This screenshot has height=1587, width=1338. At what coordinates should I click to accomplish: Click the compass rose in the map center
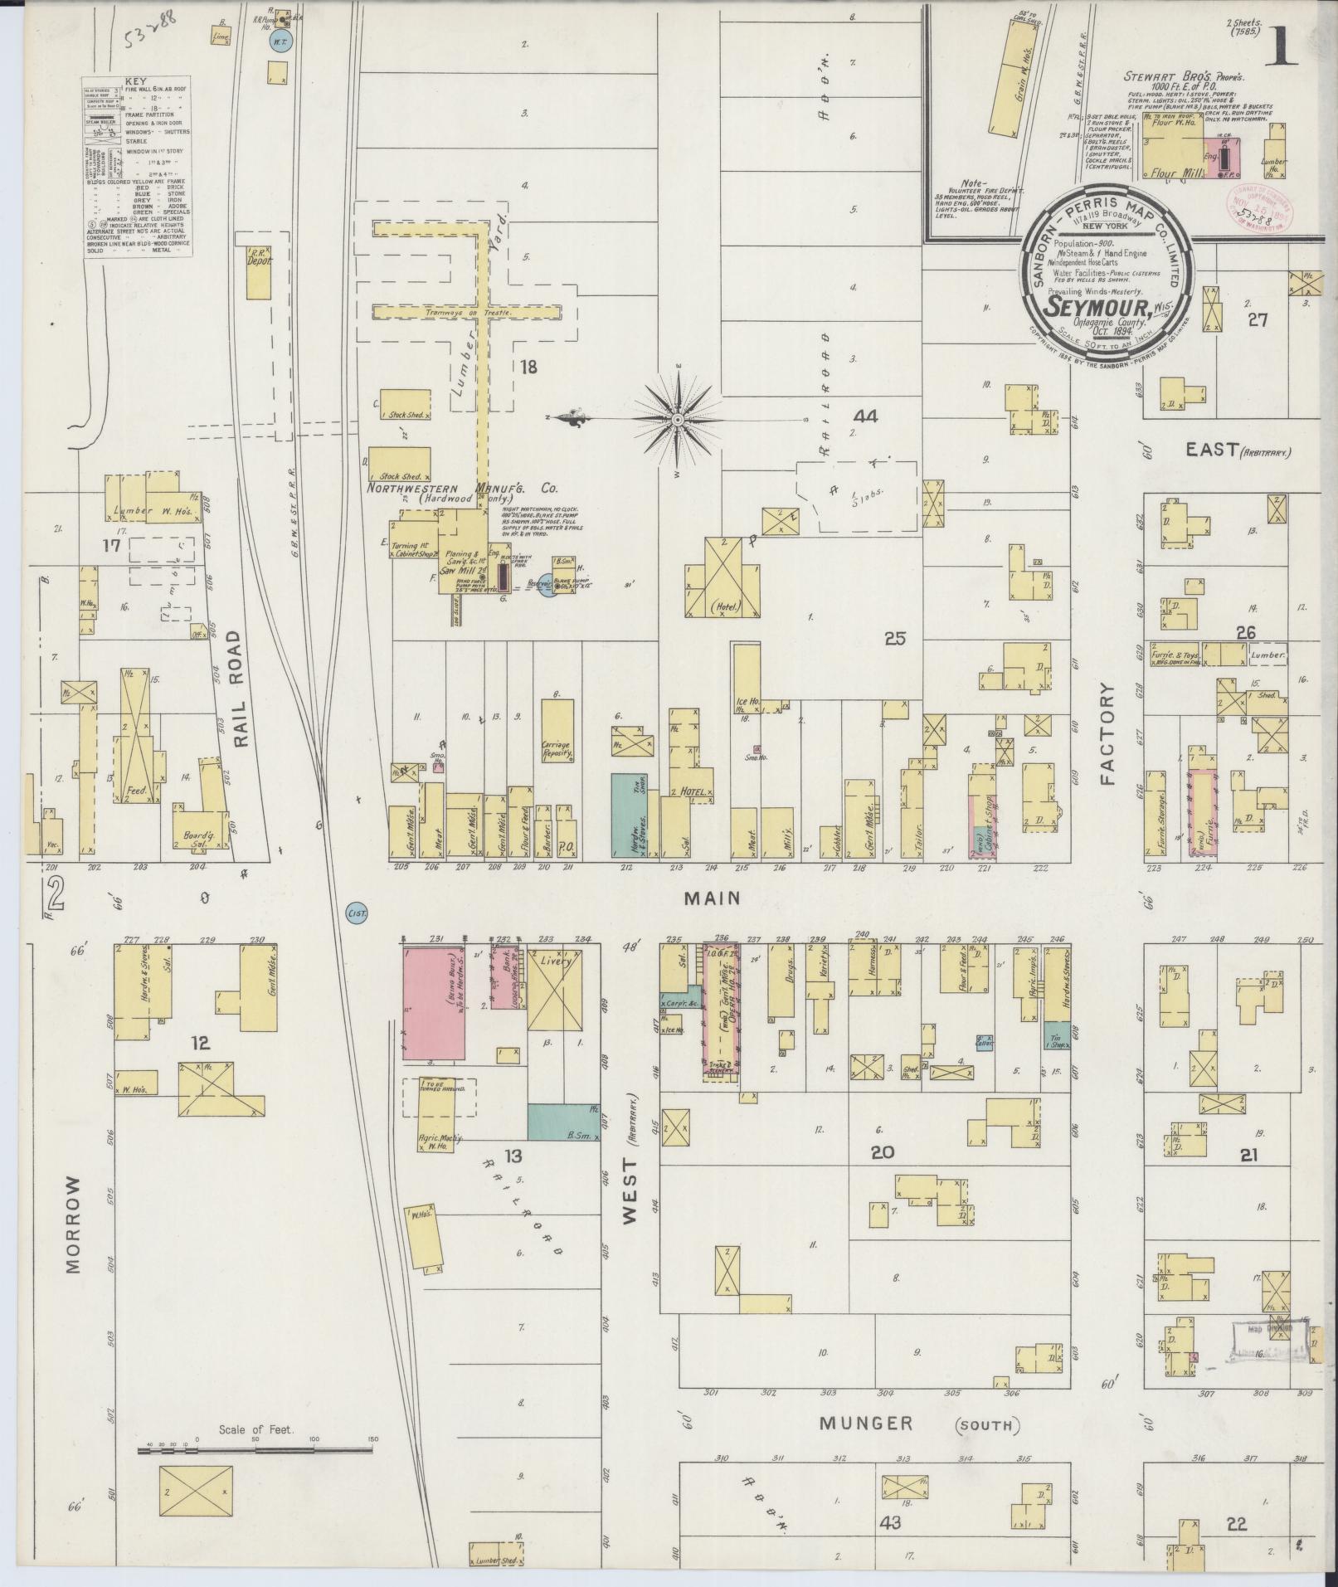point(677,420)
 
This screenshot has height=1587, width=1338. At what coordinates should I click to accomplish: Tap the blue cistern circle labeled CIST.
point(356,913)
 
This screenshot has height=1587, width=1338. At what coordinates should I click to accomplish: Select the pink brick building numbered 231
point(434,1003)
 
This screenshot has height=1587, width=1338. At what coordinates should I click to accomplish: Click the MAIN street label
point(712,898)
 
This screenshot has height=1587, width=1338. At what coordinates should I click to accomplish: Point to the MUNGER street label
point(866,1424)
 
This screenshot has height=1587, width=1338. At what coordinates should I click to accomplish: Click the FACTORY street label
point(1108,734)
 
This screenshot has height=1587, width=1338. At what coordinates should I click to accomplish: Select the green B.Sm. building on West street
point(564,1121)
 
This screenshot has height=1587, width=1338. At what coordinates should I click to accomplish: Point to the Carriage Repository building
point(557,731)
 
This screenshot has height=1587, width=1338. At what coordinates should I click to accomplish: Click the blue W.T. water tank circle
point(280,42)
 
